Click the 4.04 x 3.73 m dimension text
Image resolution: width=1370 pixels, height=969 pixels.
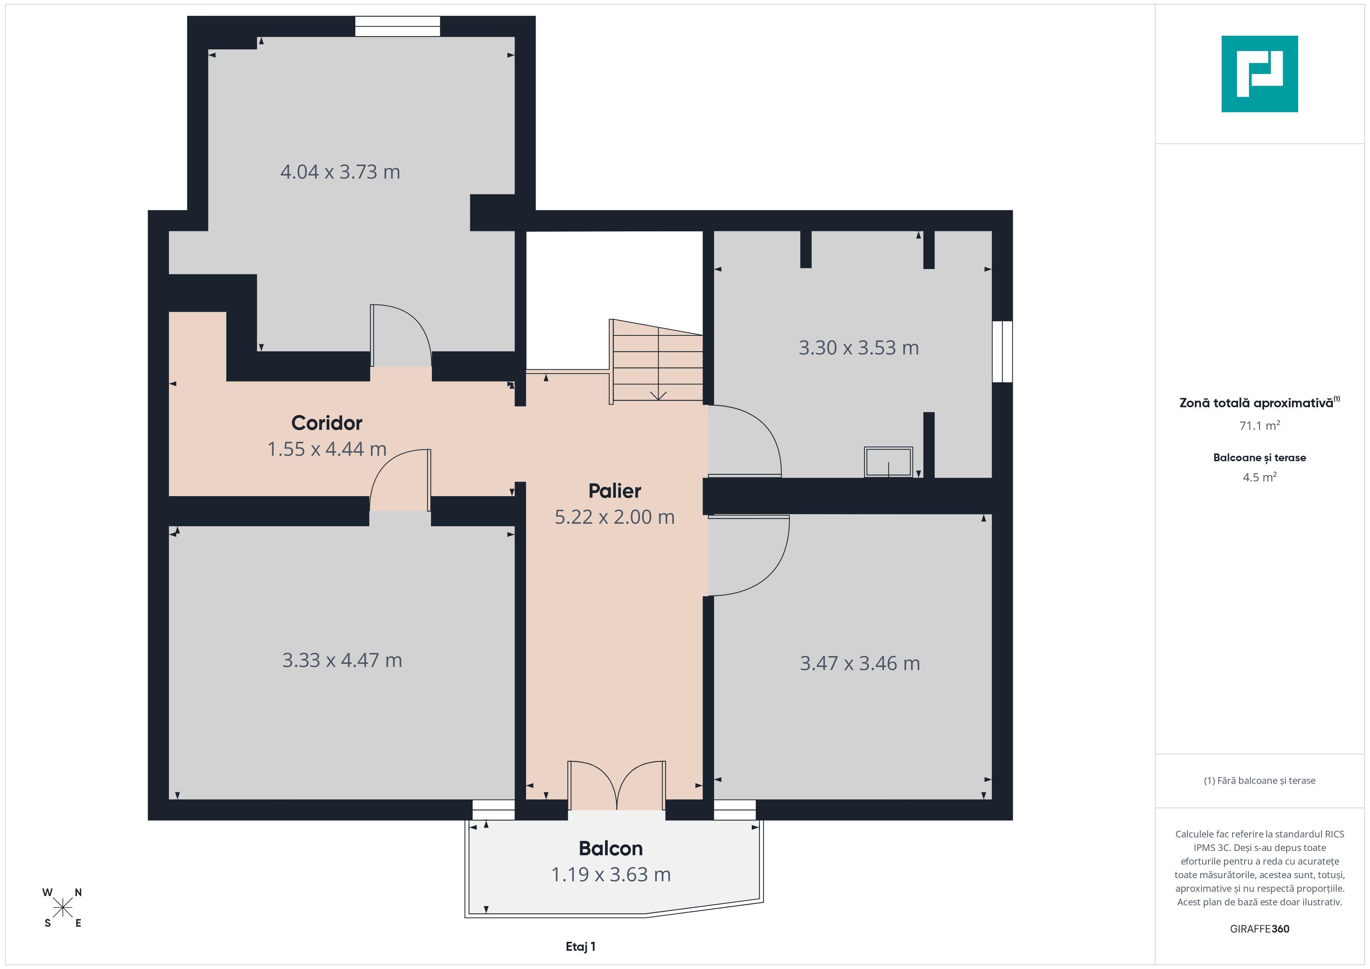point(340,172)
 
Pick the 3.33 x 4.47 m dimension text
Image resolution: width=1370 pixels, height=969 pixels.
point(342,660)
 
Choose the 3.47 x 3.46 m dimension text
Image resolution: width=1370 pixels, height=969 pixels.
point(860,663)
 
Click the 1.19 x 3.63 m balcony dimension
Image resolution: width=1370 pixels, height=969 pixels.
point(610,874)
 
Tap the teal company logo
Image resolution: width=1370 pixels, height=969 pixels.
point(1260,74)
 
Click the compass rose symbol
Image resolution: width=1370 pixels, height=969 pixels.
point(62,908)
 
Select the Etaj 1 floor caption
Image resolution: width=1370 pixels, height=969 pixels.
point(581,946)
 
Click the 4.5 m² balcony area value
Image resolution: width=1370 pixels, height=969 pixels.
point(1260,477)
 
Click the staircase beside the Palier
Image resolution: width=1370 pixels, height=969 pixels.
point(656,361)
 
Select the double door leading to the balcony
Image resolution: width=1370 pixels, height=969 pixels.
point(616,785)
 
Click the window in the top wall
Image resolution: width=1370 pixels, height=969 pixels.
point(397,26)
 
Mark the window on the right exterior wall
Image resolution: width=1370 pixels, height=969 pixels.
point(1002,351)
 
